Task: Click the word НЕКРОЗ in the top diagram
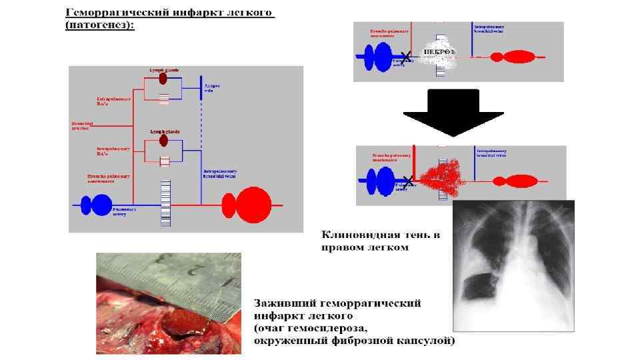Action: click(439, 51)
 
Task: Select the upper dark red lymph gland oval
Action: click(163, 79)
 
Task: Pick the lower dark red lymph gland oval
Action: click(163, 141)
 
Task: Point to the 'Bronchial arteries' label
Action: click(83, 125)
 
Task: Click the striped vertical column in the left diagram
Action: click(165, 203)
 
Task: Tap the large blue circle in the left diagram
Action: click(101, 205)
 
